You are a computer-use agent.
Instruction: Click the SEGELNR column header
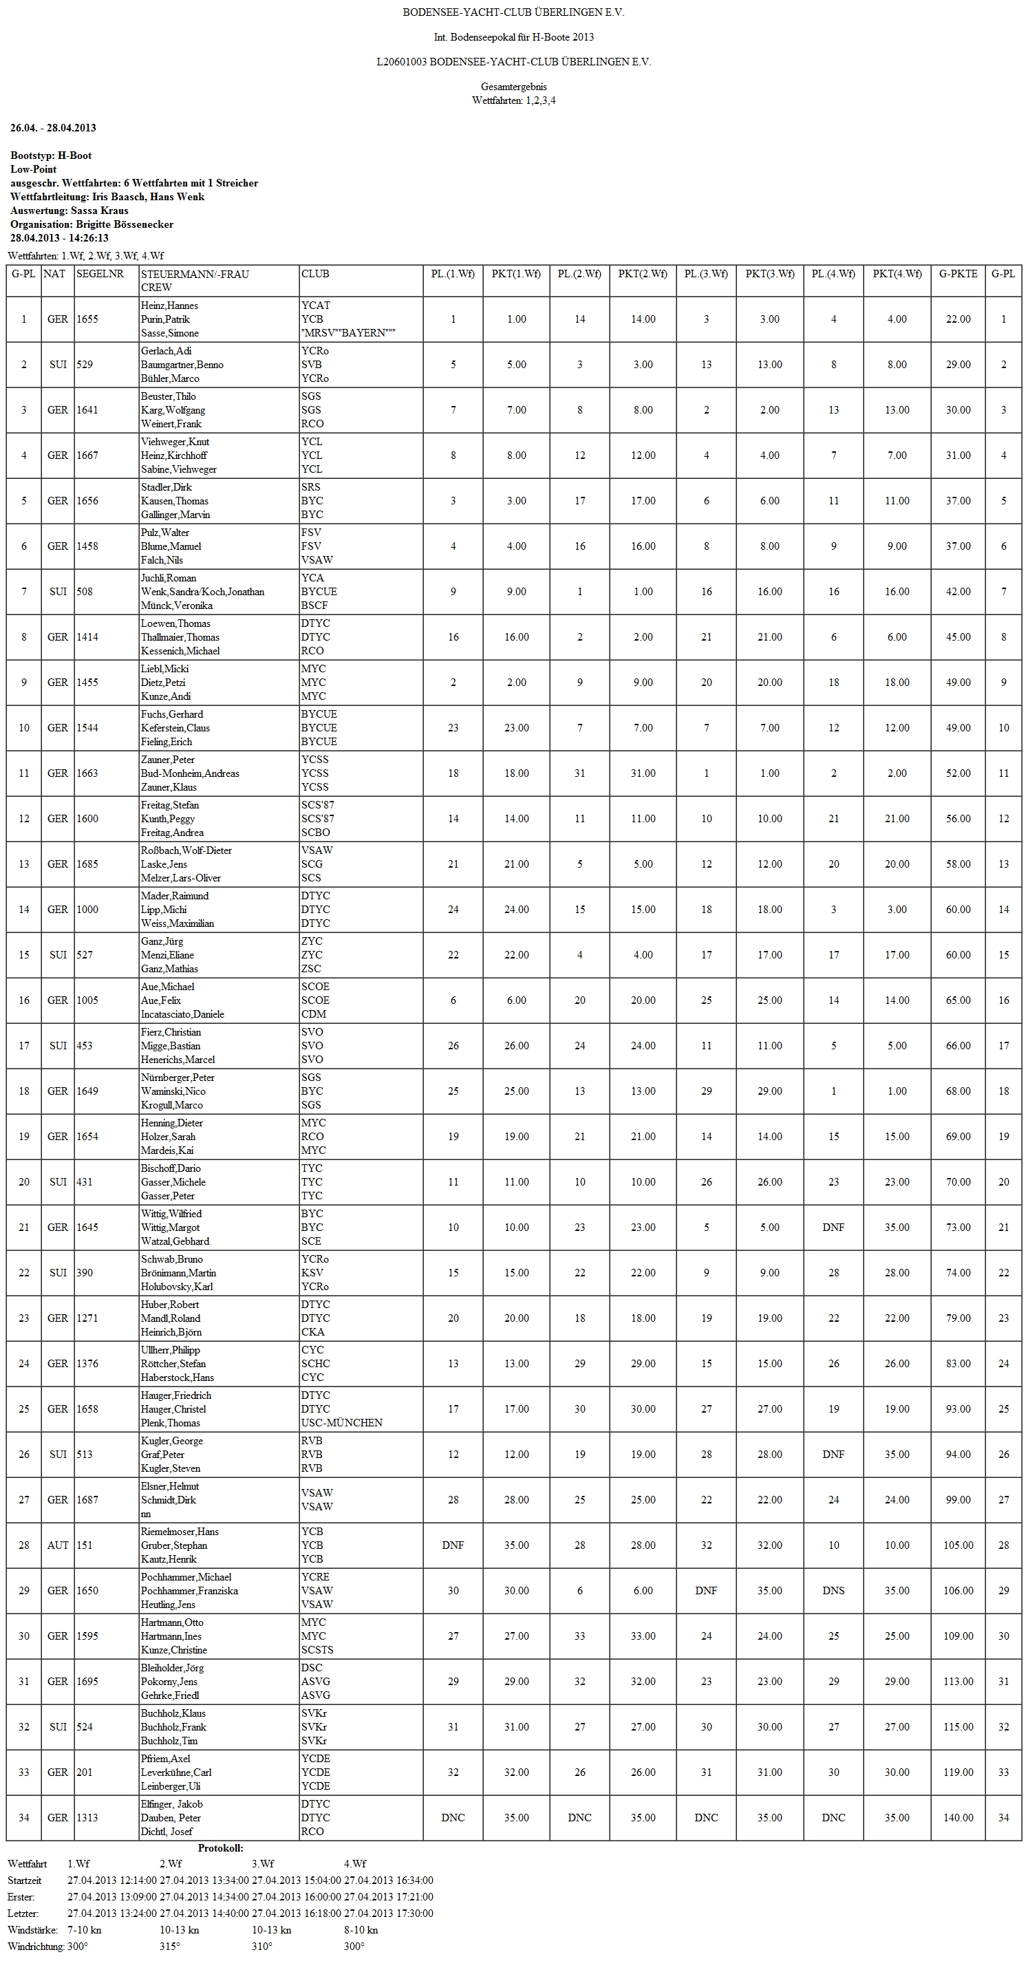tap(100, 274)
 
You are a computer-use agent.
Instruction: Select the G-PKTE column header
tap(958, 274)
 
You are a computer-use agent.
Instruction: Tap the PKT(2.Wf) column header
tap(643, 274)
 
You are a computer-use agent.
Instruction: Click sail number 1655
tap(87, 320)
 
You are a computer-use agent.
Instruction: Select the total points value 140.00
tap(958, 1818)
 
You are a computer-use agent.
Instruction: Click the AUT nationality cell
tap(58, 1545)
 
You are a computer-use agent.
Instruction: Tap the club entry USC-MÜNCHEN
tap(342, 1423)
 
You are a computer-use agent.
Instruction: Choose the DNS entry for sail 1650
tap(833, 1591)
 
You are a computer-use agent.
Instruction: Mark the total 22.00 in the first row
tap(958, 320)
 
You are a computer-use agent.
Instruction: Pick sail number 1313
tap(87, 1818)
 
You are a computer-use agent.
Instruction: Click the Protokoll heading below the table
tap(221, 1848)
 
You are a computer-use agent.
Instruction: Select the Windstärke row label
tap(33, 1930)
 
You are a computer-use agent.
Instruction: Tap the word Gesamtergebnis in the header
tap(513, 87)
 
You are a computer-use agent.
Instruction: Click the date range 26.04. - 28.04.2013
tap(53, 128)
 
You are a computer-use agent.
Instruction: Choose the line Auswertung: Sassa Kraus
tap(69, 211)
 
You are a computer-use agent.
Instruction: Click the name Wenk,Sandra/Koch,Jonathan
tap(202, 592)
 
